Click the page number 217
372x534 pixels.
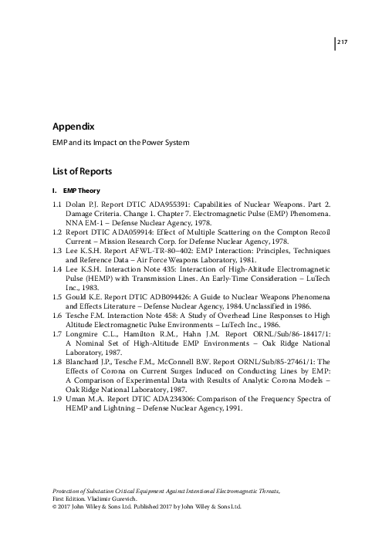pos(344,42)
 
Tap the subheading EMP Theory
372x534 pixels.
pos(81,190)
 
